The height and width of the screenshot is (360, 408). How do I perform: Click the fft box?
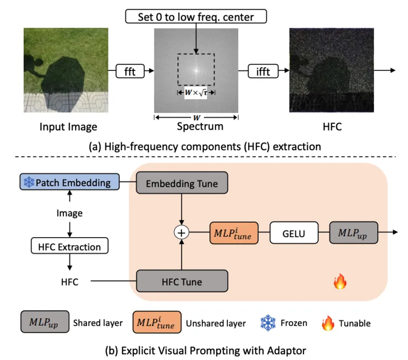[x=130, y=71]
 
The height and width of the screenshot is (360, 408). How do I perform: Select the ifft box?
[x=263, y=71]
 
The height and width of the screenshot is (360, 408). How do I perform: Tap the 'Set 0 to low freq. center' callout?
[x=196, y=16]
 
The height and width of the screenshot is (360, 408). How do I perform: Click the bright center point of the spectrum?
[x=196, y=70]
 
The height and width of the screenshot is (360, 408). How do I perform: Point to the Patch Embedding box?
[x=69, y=182]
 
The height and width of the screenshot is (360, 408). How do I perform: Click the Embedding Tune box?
[x=182, y=183]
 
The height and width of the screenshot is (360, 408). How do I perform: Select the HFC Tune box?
[x=182, y=281]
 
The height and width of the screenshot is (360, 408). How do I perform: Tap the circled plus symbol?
[x=182, y=232]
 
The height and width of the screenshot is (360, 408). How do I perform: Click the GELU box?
[x=294, y=233]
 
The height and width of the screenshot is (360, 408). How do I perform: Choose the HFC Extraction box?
[x=69, y=245]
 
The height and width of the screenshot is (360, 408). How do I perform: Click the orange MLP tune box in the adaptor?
[x=234, y=233]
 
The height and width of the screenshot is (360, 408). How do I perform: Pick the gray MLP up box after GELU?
[x=353, y=232]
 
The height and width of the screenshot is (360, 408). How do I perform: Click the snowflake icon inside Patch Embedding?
[x=29, y=182]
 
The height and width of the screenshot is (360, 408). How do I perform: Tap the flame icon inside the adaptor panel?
[x=340, y=281]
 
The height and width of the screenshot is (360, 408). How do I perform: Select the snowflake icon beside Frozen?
[x=268, y=322]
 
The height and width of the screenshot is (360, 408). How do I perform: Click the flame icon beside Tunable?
[x=328, y=323]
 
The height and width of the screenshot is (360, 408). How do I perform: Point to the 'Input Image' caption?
[x=68, y=127]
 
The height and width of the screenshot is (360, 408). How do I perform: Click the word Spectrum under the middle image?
[x=200, y=127]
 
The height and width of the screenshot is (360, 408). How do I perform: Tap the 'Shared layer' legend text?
[x=98, y=323]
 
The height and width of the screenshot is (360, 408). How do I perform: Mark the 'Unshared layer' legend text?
[x=216, y=323]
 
